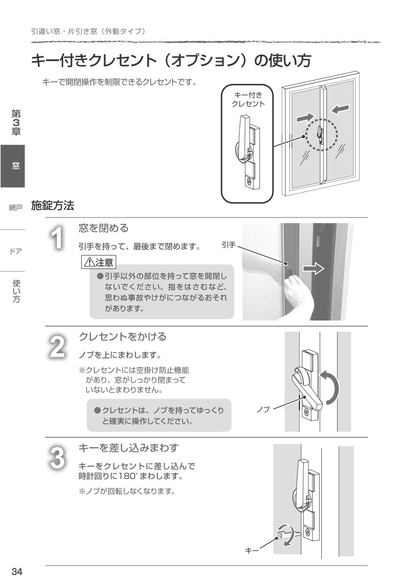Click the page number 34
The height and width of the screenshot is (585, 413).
[17, 572]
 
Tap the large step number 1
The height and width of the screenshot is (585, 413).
[57, 238]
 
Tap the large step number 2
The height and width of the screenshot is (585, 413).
[57, 347]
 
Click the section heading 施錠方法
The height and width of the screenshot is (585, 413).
[52, 205]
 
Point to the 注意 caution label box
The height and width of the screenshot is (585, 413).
[99, 262]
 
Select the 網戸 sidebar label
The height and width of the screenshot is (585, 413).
[15, 208]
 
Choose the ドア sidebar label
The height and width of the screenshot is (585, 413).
[15, 251]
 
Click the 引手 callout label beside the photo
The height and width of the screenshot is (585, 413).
[228, 245]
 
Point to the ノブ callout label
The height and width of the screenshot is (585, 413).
[262, 409]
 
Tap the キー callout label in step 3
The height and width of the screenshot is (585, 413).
[252, 551]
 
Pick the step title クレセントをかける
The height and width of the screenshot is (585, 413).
[122, 336]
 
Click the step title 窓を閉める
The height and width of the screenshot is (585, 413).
[103, 228]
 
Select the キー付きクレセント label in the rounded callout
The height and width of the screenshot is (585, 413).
[248, 100]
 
